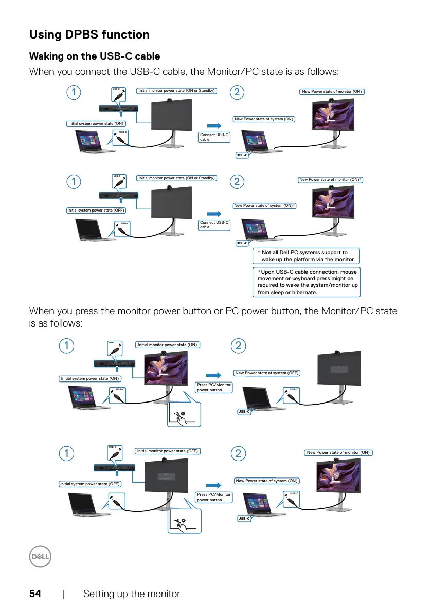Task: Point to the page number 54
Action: point(35,594)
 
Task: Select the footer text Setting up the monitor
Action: point(132,594)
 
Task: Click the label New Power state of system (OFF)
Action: point(267,373)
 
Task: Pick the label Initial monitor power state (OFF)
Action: point(168,451)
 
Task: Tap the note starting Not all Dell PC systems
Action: point(307,256)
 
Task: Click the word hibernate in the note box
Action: point(300,292)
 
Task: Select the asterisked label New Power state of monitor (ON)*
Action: point(331,180)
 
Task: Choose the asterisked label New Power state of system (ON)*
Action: point(265,206)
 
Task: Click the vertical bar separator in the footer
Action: point(63,594)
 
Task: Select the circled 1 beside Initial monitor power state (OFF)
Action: point(66,453)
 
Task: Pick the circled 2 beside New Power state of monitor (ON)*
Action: point(237,181)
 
